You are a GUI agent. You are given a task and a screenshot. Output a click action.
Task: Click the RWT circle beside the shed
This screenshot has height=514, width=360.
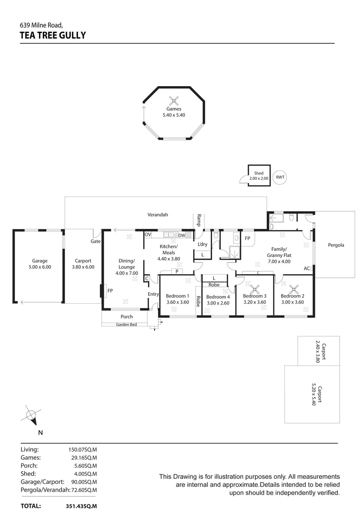click(280, 177)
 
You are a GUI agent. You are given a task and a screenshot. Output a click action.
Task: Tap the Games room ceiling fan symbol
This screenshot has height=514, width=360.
click(175, 100)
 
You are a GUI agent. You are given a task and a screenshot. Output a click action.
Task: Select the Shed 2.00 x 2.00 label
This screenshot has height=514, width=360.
click(259, 176)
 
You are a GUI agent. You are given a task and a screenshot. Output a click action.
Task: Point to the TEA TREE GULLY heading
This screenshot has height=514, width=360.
click(53, 35)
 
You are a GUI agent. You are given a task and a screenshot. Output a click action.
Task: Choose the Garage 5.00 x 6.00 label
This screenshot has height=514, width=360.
click(40, 264)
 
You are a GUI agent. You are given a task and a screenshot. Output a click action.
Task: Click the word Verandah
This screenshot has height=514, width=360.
click(158, 215)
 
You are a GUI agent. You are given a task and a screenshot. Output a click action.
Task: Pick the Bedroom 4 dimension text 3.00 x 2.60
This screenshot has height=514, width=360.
click(219, 303)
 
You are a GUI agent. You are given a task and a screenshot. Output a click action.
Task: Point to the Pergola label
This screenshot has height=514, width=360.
click(336, 245)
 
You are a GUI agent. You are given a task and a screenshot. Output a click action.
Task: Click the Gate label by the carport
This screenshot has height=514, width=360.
click(95, 241)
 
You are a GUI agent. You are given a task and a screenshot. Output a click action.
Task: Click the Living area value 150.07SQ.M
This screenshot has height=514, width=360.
click(83, 449)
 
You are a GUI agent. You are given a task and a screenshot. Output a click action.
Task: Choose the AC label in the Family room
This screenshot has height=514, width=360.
click(307, 268)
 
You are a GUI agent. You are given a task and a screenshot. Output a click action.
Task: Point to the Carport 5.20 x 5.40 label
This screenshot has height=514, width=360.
click(313, 395)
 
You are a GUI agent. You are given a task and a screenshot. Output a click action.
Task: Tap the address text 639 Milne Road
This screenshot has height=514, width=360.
click(41, 25)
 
